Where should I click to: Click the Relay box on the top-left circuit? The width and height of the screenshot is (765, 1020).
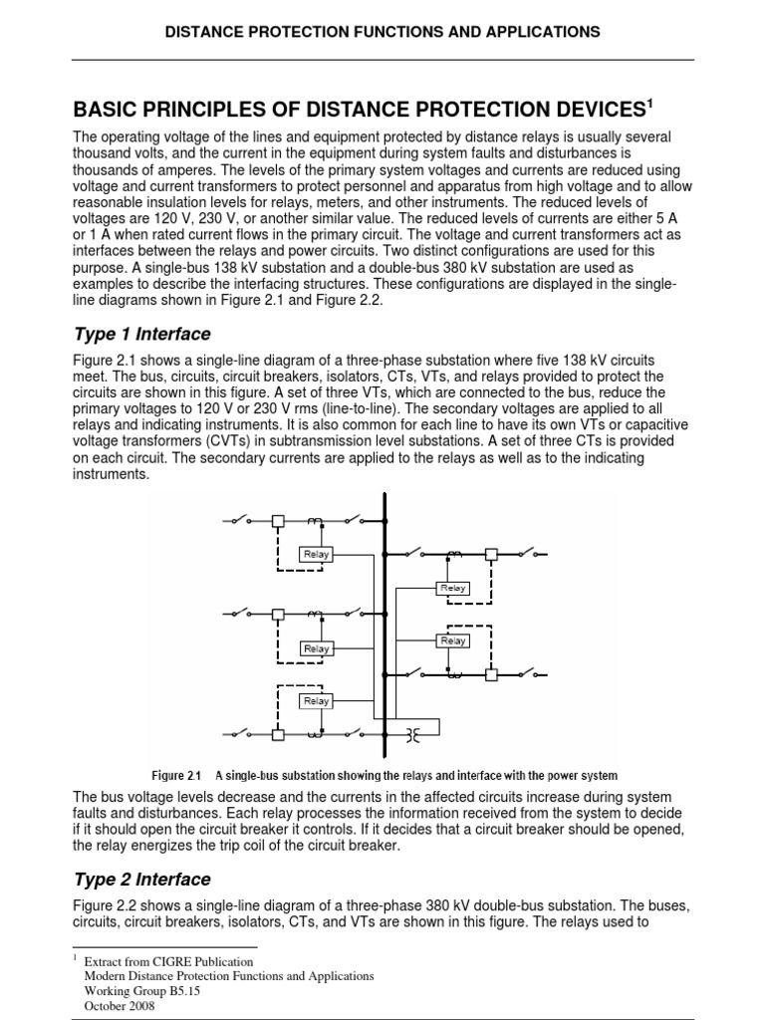click(x=316, y=554)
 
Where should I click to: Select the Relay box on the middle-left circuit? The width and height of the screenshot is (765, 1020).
click(x=316, y=648)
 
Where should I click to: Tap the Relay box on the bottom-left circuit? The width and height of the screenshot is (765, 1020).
click(x=316, y=701)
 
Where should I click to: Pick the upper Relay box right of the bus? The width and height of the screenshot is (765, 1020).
click(x=453, y=589)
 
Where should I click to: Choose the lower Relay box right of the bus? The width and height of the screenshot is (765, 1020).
click(x=453, y=641)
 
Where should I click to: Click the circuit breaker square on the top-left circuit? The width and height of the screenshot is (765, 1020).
click(x=279, y=521)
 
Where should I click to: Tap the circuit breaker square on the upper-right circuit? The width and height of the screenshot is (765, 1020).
click(x=491, y=554)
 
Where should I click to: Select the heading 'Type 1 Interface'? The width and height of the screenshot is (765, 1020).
click(x=142, y=334)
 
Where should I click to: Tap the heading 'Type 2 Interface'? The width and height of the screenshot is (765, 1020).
click(x=142, y=880)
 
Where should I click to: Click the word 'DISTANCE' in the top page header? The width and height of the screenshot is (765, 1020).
click(x=202, y=32)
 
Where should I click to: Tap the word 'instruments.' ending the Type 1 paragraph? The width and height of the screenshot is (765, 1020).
click(x=113, y=475)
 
